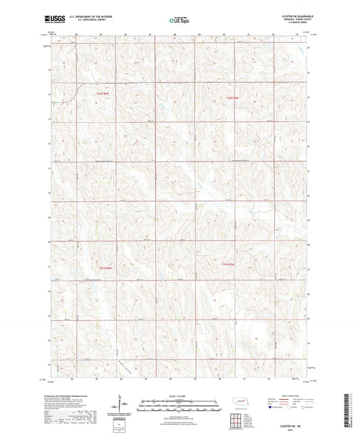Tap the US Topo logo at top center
[x=179, y=20]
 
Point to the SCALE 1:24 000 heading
[x=179, y=396]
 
